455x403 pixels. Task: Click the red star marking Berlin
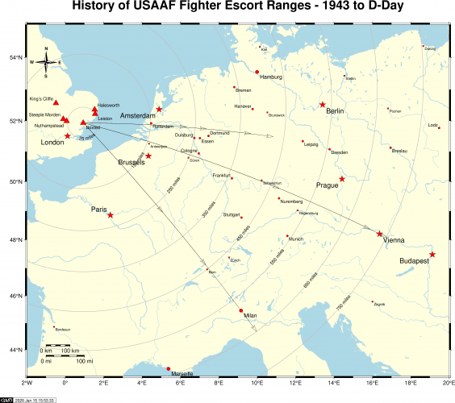point(323,105)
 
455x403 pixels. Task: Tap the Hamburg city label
point(269,77)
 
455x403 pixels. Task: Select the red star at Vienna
point(380,234)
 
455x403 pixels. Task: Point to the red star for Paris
point(111,215)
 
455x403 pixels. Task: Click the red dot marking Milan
point(241,310)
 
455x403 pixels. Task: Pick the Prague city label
point(328,185)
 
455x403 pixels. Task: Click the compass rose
point(47,61)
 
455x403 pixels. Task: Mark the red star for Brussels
point(148,156)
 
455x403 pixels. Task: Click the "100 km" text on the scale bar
point(70,351)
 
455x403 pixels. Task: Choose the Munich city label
point(295,239)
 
